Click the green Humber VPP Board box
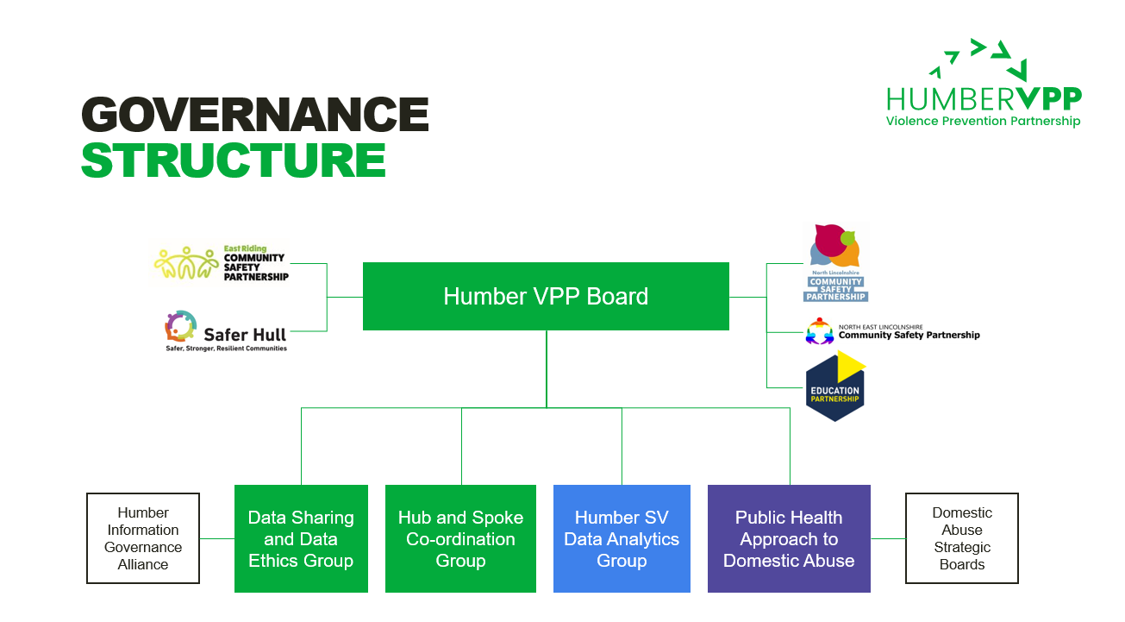[546, 296]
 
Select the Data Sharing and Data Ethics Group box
[301, 538]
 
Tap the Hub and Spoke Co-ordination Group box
[460, 538]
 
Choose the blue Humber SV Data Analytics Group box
[622, 538]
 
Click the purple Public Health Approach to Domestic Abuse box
[789, 538]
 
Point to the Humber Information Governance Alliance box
[143, 538]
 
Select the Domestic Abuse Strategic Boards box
[961, 538]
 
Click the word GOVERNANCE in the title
[255, 115]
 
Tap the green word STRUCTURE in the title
[233, 160]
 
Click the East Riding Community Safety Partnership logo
[222, 263]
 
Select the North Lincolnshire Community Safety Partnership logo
[834, 262]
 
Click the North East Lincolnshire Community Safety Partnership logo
[892, 332]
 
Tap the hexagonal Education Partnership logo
[834, 388]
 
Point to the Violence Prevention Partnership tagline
[983, 122]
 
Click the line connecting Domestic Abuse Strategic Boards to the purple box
[888, 538]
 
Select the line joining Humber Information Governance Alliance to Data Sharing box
[217, 538]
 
